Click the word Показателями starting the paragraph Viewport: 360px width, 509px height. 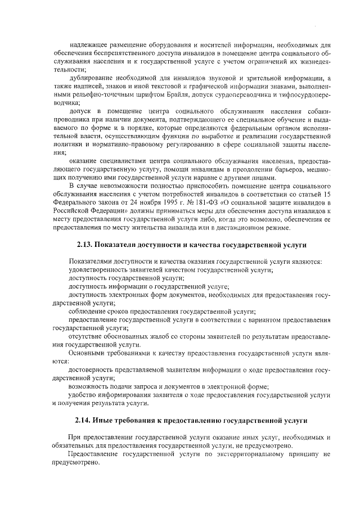tap(91, 262)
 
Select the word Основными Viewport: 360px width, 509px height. tap(86, 353)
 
